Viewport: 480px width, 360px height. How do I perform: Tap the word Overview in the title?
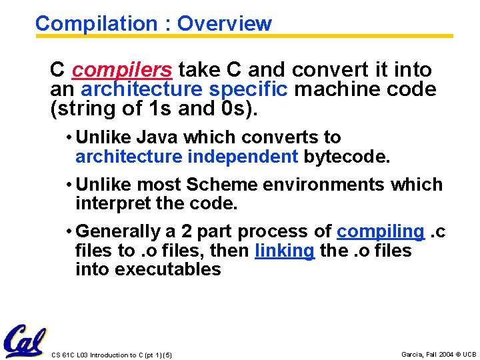point(225,24)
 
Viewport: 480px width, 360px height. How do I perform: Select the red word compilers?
point(122,70)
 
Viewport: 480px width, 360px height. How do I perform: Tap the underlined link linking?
point(285,251)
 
